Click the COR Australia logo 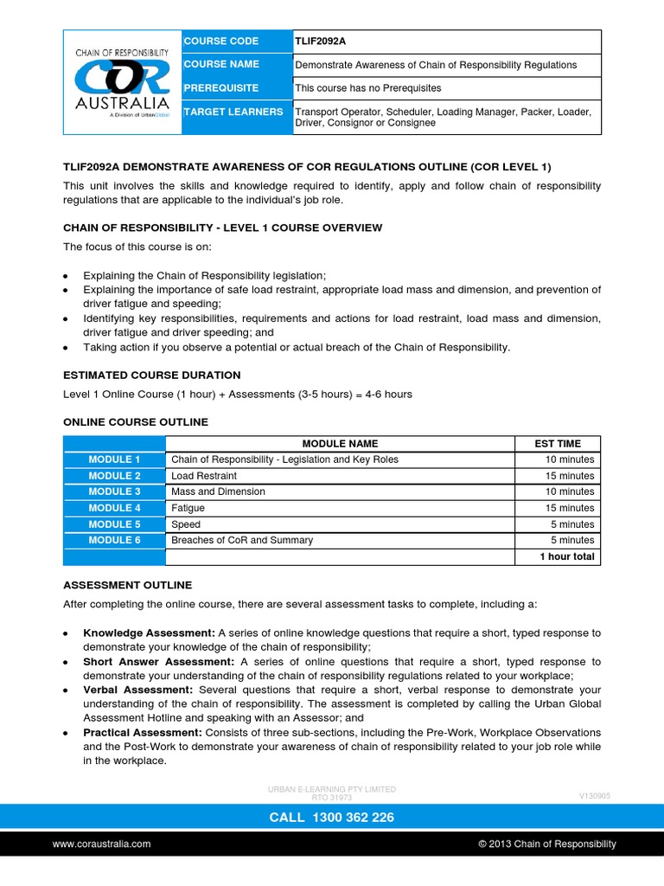click(122, 81)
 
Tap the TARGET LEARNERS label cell click(233, 112)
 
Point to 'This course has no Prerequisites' click(368, 88)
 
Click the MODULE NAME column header click(339, 444)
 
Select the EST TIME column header click(559, 444)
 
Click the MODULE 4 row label click(114, 508)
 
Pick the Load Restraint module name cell click(204, 476)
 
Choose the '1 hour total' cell click(566, 556)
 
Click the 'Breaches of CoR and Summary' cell click(242, 540)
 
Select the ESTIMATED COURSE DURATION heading click(152, 376)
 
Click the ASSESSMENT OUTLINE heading click(128, 585)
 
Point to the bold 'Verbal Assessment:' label click(137, 690)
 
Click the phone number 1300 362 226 click(331, 817)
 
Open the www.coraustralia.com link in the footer click(102, 844)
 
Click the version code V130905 click(594, 795)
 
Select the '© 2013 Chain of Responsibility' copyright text click(547, 844)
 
